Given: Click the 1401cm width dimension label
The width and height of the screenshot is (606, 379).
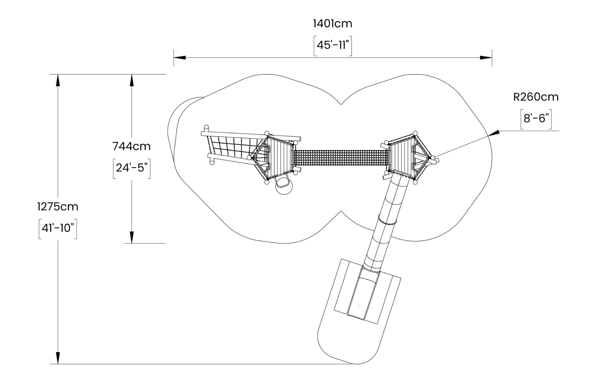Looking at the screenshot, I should coord(333,24).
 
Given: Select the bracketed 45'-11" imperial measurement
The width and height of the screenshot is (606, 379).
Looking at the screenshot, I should coord(333,45).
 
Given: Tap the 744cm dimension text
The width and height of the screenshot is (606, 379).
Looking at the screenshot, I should coord(131,147).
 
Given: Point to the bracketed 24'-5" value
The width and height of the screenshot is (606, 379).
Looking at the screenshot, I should coord(132,168).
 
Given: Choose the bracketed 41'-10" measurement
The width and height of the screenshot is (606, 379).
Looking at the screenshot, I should coord(58,228).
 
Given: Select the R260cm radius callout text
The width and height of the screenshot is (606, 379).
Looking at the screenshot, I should coord(536,97).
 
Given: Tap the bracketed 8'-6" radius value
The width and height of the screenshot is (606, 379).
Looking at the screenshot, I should coord(536,119).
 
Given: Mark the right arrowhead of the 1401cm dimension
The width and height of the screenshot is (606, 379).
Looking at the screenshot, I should coord(486,58).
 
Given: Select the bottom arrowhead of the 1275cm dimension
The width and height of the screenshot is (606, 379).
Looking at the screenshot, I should coord(58,358).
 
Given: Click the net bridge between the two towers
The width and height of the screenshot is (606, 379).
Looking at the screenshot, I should coord(341,158).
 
